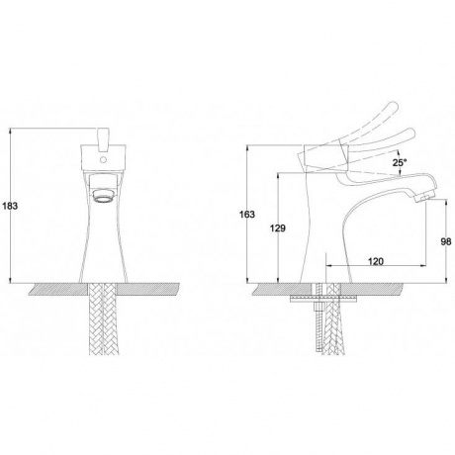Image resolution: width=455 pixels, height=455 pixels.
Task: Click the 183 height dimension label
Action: (x=10, y=207)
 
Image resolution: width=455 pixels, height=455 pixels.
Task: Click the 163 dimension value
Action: (x=247, y=215)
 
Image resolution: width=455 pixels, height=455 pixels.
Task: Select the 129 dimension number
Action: (x=278, y=228)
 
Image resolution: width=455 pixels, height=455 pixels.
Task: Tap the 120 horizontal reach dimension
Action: (x=376, y=261)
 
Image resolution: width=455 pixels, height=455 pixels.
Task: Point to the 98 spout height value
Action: (x=446, y=241)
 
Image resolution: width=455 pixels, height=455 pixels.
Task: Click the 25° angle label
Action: (x=400, y=162)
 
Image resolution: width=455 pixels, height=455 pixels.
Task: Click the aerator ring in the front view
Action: (x=103, y=195)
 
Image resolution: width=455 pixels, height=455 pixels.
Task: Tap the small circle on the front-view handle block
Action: (x=104, y=160)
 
